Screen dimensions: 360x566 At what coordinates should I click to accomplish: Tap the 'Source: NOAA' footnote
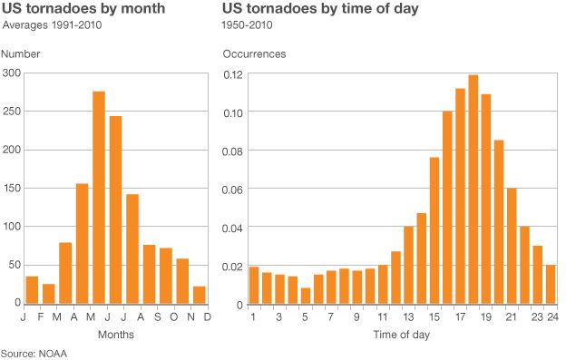pos(34,352)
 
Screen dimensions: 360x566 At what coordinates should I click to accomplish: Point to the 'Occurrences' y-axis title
pos(255,54)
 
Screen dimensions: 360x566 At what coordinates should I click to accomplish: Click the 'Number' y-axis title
pos(21,54)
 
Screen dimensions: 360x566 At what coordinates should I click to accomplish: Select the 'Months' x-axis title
pos(116,335)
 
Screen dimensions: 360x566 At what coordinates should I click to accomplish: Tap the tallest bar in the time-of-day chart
pos(473,190)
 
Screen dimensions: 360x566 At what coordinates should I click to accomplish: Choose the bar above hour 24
pos(550,285)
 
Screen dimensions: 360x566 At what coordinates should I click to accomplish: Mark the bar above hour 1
pos(254,286)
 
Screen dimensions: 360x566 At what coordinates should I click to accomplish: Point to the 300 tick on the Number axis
pos(12,73)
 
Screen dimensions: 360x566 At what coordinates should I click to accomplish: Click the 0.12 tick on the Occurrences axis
pos(232,73)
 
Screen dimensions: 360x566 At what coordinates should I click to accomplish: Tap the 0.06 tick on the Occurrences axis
pos(232,190)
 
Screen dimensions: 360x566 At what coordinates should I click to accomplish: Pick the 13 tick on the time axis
pos(408,317)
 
